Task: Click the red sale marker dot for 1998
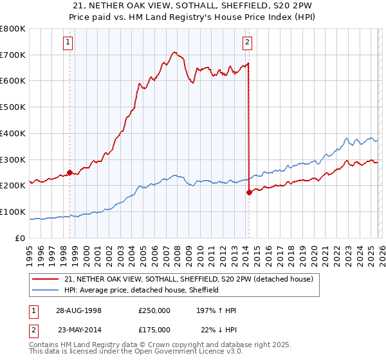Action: coord(69,172)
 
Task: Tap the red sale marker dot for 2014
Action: coord(249,192)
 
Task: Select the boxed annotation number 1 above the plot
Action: coord(68,43)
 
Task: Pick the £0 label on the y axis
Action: coord(21,238)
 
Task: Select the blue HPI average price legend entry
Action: coord(142,290)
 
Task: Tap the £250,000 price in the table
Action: coord(154,310)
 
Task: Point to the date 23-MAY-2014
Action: coord(78,330)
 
